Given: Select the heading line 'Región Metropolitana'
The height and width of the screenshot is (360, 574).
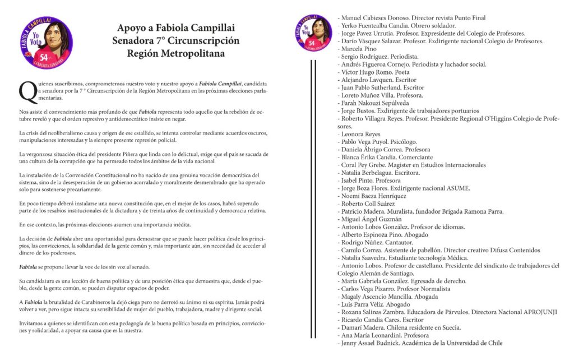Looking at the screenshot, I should coord(175,54).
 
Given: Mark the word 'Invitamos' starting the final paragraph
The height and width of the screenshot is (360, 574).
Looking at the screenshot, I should coord(31,324).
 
